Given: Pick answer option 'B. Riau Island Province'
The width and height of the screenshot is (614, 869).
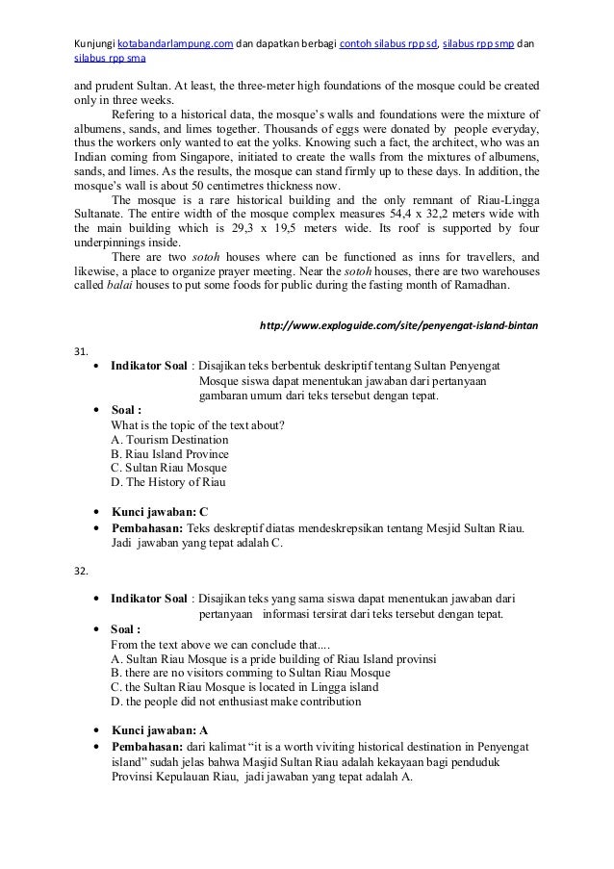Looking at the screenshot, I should [x=170, y=453].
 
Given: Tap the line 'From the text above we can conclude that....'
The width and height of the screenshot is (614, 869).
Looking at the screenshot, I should [x=220, y=644].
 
